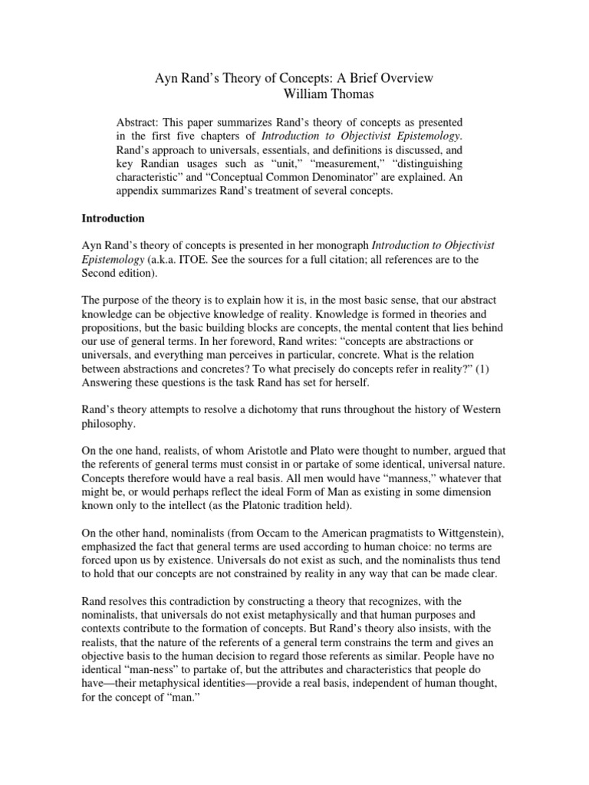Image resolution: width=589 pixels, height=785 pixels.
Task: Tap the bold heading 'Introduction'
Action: point(114,218)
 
